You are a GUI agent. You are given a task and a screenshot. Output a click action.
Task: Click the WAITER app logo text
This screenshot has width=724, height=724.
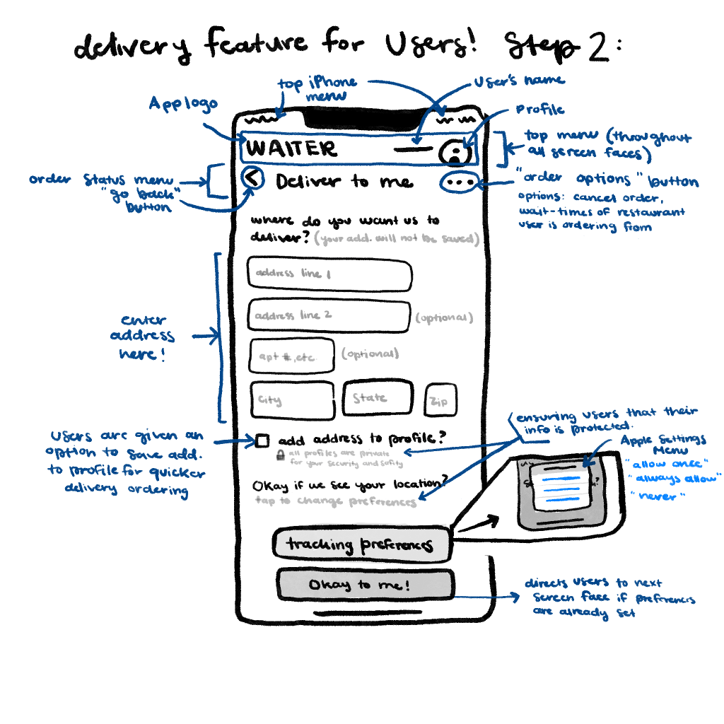(292, 149)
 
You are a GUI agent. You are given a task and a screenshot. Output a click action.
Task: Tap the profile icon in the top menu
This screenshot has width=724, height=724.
(455, 151)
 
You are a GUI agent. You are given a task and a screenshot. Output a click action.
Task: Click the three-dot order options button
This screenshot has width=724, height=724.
(460, 182)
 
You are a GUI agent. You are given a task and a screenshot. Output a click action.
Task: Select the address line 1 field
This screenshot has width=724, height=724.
(329, 275)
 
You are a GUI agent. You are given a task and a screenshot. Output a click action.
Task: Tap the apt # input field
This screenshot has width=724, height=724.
(292, 356)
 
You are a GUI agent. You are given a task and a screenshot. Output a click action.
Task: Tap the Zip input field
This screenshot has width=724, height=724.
(440, 401)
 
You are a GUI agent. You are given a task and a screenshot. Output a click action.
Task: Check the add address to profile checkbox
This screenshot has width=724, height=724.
(262, 441)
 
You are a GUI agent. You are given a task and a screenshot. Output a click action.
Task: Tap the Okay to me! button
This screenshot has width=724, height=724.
(364, 585)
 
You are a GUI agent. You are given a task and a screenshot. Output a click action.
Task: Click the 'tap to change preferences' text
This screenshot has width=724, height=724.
(336, 501)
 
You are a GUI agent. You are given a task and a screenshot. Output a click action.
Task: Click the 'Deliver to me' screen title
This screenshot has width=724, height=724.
(344, 182)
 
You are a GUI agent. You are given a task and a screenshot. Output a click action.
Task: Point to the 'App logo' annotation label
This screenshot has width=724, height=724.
(182, 105)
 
